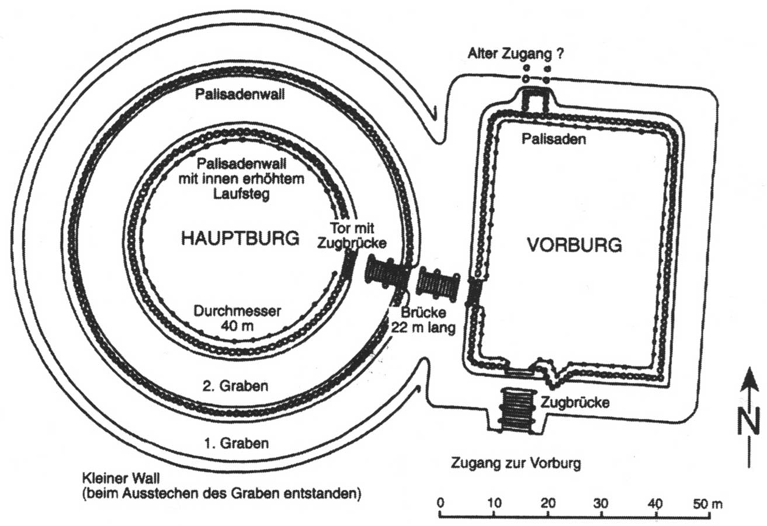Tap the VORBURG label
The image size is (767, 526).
574,245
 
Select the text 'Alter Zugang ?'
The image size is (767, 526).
515,54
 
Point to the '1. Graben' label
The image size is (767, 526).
237,443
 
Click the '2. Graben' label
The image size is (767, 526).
235,386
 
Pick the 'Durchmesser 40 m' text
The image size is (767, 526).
237,319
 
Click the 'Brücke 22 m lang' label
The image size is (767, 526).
424,320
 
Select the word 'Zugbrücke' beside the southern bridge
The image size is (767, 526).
575,402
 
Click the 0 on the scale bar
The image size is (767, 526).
440,503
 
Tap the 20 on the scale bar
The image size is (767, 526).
548,503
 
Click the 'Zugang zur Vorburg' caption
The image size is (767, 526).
516,463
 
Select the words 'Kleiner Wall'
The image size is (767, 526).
121,478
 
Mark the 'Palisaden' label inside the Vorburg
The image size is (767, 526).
554,139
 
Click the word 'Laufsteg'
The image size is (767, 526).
241,194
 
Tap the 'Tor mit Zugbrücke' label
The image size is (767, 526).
352,236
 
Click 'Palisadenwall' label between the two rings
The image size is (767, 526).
240,94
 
